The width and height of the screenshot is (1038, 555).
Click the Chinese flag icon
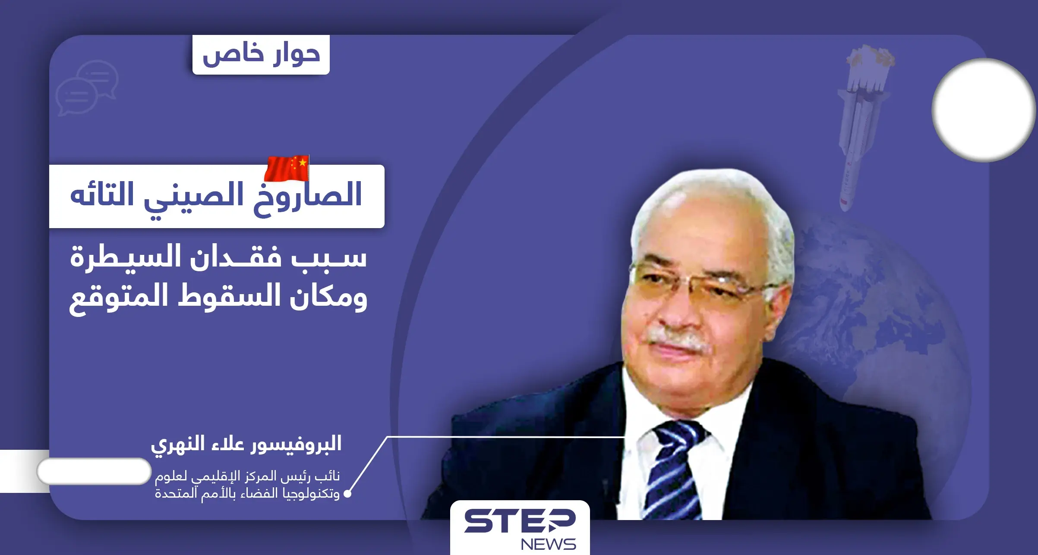click(287, 168)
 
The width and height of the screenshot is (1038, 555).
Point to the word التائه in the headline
click(102, 195)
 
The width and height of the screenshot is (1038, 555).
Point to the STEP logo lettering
click(520, 521)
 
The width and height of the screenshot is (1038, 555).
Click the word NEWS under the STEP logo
click(548, 544)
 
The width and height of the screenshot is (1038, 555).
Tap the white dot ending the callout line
click(347, 494)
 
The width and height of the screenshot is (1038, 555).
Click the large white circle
click(984, 110)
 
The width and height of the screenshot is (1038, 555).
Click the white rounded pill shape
click(94, 471)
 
